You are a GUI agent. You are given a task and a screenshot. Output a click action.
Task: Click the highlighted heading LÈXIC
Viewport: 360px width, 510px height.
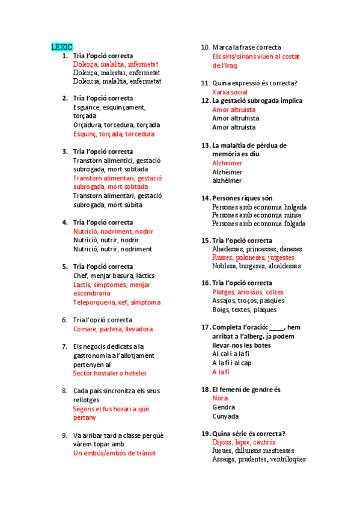61,46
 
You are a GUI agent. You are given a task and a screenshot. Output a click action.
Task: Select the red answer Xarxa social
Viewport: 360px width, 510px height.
230,92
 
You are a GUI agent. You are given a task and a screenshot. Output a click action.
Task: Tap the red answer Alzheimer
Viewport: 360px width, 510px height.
227,163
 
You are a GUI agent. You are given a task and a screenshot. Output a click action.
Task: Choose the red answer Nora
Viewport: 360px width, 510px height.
220,398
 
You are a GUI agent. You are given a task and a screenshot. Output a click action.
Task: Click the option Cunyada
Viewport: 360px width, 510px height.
225,416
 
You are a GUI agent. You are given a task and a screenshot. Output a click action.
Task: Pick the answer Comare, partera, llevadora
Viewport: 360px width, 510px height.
113,329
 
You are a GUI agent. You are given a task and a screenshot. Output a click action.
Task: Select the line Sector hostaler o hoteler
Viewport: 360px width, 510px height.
109,373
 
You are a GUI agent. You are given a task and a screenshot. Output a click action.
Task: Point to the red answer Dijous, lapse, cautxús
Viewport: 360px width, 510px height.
244,442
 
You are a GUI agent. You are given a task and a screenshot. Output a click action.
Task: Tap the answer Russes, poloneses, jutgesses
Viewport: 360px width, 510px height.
253,257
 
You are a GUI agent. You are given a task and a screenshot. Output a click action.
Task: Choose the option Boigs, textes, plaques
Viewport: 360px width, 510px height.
244,310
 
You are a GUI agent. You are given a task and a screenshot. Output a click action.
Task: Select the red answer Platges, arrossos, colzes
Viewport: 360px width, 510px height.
248,292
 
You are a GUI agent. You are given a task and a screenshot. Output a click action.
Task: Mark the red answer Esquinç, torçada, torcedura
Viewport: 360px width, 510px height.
114,134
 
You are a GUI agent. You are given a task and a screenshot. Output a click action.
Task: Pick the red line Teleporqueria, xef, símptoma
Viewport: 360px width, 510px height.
117,303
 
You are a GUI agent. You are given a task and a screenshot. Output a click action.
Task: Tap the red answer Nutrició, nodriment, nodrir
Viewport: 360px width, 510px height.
113,232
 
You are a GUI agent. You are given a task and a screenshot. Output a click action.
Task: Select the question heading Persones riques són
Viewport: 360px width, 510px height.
242,198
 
